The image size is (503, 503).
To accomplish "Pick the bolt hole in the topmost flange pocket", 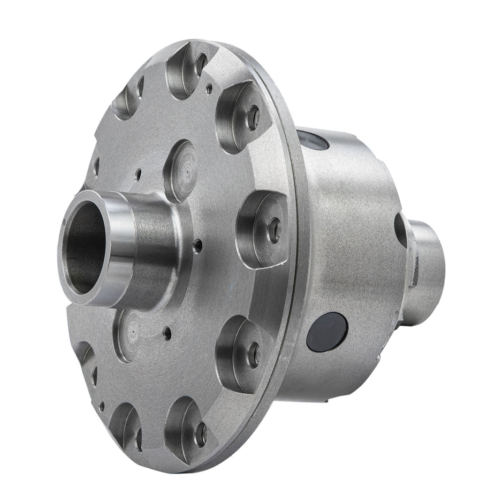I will (201, 65).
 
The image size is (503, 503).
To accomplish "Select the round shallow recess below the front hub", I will (129, 335).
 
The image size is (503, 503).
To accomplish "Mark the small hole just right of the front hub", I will (199, 247).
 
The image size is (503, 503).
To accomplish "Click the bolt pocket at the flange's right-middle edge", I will (262, 227).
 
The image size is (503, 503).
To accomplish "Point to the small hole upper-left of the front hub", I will (138, 174).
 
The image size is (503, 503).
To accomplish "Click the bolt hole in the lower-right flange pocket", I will (254, 355).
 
